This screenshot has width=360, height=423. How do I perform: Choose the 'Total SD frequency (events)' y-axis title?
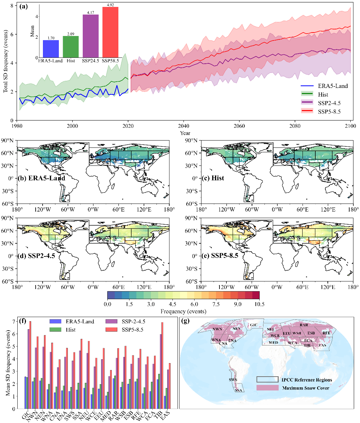click(x=6, y=62)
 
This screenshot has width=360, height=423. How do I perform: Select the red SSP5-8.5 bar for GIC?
click(x=30, y=365)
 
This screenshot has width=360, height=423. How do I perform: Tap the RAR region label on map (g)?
click(x=304, y=325)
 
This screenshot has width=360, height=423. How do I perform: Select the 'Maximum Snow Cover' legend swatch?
click(x=267, y=388)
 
